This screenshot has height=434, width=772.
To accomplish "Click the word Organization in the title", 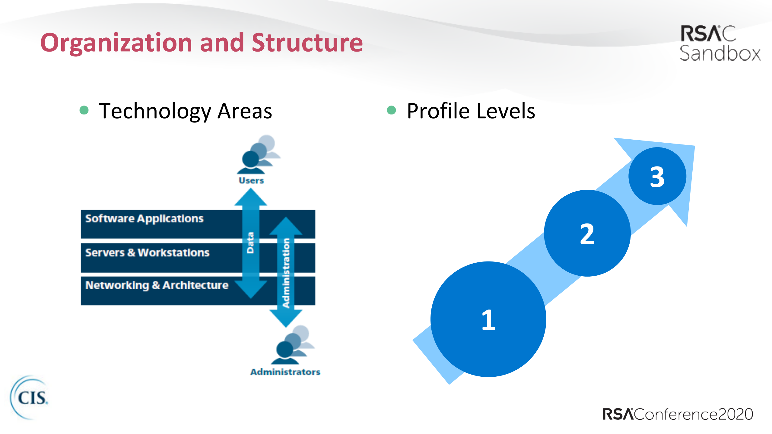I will tap(116, 43).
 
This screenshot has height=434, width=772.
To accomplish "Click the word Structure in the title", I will tap(307, 43).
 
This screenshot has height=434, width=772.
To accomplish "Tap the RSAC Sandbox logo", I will tap(720, 43).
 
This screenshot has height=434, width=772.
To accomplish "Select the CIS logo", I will tap(30, 397).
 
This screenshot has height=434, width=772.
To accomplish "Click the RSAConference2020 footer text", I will tap(678, 414).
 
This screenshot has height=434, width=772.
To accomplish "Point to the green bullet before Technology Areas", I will tap(84, 110).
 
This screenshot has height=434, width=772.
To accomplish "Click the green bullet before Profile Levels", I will tap(391, 110).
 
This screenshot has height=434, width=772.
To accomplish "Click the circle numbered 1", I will tap(488, 319).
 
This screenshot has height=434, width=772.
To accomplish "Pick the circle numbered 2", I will tap(587, 233).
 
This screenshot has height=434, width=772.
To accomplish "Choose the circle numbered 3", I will tap(657, 176).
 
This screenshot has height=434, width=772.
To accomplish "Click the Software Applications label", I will tap(144, 219).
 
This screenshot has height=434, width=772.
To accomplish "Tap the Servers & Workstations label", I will tap(147, 252).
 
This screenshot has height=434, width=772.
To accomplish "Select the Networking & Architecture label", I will tap(157, 285).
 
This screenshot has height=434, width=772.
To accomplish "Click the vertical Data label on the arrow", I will tap(250, 243).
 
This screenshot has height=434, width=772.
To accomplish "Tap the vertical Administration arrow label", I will tap(286, 273).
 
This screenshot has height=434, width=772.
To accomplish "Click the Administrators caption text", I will tap(285, 372).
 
